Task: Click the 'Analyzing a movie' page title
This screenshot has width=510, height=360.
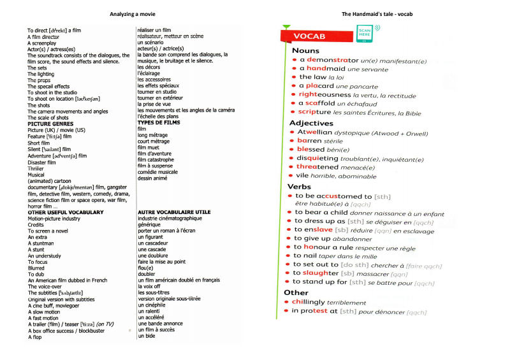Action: (132, 14)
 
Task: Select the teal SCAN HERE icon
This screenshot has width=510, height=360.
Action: (365, 34)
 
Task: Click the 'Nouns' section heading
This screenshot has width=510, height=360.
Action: (306, 50)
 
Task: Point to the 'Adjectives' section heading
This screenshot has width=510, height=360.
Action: (311, 123)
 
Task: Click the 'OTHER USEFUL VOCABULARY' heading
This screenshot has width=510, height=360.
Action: (66, 212)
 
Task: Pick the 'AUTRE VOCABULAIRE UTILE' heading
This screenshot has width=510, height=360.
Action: (174, 212)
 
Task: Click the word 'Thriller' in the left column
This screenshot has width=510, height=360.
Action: (36, 168)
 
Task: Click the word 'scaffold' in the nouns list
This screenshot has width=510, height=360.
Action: (319, 103)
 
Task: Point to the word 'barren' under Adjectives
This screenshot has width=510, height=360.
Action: (309, 141)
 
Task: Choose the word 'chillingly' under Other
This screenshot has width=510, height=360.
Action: (308, 302)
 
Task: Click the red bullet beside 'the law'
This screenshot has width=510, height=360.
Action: (295, 77)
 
